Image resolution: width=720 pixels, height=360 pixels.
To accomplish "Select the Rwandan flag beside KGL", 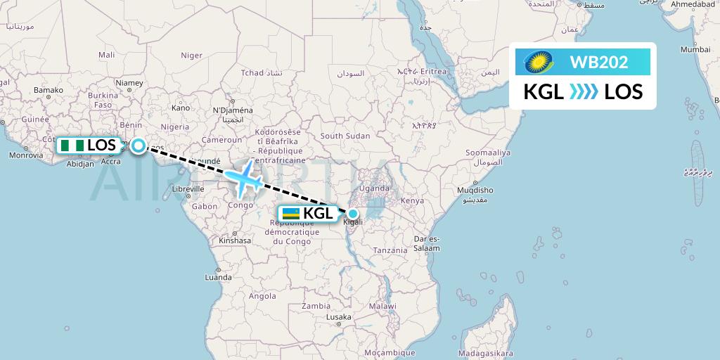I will point(290,214).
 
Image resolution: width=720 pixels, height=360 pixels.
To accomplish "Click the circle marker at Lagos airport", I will point(139,146).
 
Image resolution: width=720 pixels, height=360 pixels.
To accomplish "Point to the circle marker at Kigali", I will point(353,214).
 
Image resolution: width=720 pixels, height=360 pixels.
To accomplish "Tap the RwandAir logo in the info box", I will point(539,63).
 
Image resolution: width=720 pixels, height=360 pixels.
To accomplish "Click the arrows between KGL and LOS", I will point(583,91).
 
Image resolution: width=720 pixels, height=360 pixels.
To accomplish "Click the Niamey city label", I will point(129,83).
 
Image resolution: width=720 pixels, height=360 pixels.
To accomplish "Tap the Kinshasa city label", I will point(235,240).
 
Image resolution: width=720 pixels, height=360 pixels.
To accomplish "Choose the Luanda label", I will point(218,277).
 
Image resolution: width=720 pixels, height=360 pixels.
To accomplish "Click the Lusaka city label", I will point(338,317).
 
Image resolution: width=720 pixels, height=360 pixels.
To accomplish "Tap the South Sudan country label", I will point(345,136).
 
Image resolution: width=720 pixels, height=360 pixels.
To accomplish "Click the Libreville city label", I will point(188,188).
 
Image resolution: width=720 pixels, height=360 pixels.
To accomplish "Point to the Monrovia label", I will point(26,155).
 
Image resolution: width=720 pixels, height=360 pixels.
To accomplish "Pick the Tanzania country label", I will point(390,250).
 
